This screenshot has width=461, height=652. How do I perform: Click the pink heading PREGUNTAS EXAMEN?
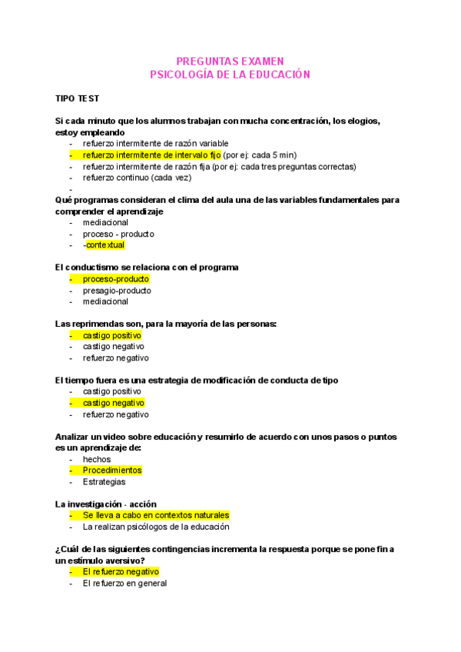pyautogui.click(x=230, y=61)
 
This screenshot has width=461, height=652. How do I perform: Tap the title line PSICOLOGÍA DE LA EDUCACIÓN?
pyautogui.click(x=230, y=75)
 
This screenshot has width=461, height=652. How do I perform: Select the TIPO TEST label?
pyautogui.click(x=77, y=99)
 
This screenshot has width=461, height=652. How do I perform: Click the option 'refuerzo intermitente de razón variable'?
pyautogui.click(x=156, y=143)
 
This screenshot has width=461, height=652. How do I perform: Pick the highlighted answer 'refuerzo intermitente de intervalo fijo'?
pyautogui.click(x=151, y=155)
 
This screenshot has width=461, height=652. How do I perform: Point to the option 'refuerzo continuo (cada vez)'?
pyautogui.click(x=138, y=177)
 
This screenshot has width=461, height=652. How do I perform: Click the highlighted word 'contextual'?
pyautogui.click(x=105, y=244)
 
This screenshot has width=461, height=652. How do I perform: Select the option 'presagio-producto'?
pyautogui.click(x=117, y=291)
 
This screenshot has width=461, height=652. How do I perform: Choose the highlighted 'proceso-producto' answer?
pyautogui.click(x=116, y=279)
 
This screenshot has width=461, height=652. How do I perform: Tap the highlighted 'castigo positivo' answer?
pyautogui.click(x=112, y=335)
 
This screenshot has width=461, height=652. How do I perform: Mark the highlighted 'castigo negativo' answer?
pyautogui.click(x=113, y=403)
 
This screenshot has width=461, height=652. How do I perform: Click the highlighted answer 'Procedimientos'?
pyautogui.click(x=112, y=470)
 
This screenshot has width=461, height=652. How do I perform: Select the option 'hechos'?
pyautogui.click(x=97, y=459)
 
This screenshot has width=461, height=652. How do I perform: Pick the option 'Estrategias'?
pyautogui.click(x=105, y=481)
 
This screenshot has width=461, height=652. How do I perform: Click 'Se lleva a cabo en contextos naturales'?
pyautogui.click(x=156, y=515)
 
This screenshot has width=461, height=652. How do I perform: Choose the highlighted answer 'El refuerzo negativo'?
pyautogui.click(x=121, y=571)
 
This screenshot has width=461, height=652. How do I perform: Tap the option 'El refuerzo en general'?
pyautogui.click(x=124, y=583)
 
